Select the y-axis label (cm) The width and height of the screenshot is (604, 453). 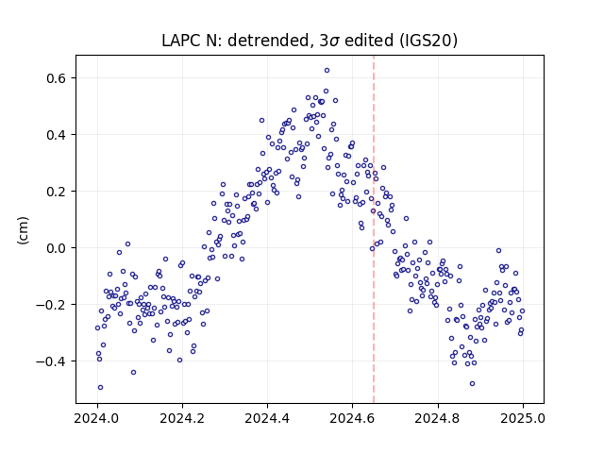pyautogui.click(x=23, y=230)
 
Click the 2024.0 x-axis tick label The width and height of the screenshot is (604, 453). pyautogui.click(x=97, y=418)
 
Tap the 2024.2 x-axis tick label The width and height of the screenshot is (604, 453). pyautogui.click(x=182, y=418)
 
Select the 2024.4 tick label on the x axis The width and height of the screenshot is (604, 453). pyautogui.click(x=267, y=418)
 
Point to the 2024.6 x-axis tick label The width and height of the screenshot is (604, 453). pyautogui.click(x=352, y=418)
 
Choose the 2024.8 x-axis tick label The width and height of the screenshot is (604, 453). pyautogui.click(x=438, y=418)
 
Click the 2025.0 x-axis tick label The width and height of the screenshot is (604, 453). pyautogui.click(x=523, y=418)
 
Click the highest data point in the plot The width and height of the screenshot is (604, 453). pyautogui.click(x=327, y=71)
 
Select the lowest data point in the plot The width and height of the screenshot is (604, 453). pyautogui.click(x=100, y=388)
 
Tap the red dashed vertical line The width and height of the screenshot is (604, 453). pyautogui.click(x=374, y=229)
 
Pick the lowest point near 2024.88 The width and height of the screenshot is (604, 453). pyautogui.click(x=472, y=384)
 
